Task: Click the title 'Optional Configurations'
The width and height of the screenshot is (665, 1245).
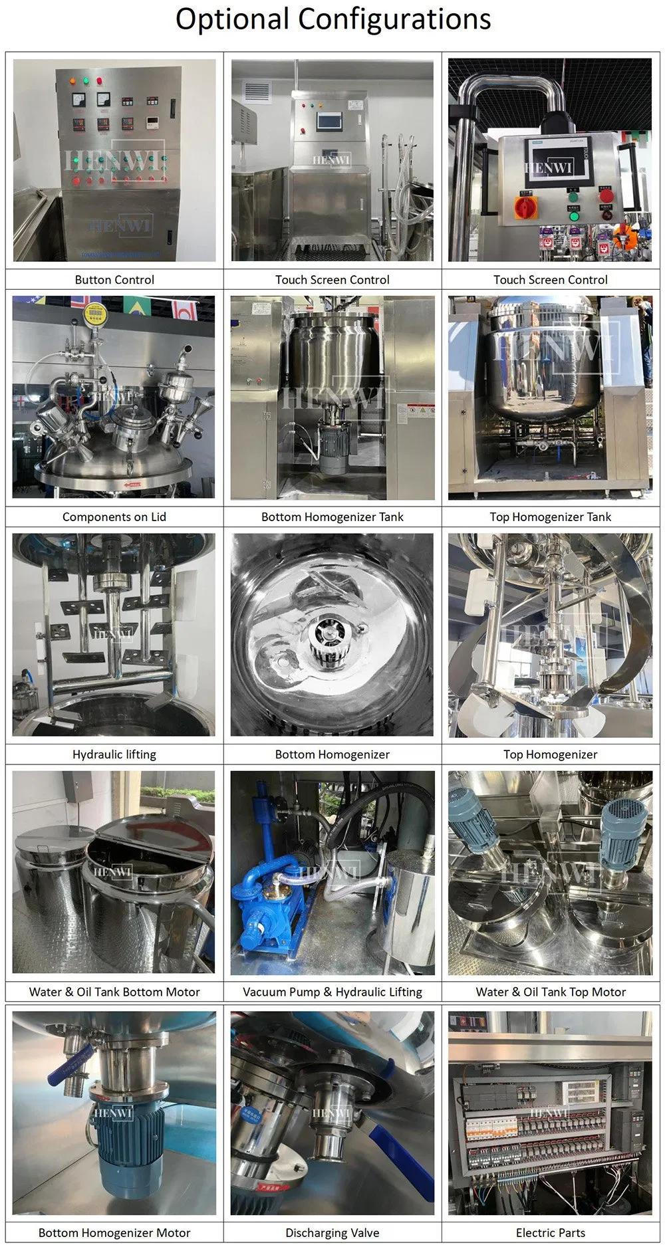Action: [x=332, y=20]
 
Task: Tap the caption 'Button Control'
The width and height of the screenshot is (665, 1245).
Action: [x=114, y=280]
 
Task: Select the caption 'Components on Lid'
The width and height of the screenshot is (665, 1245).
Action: [x=114, y=517]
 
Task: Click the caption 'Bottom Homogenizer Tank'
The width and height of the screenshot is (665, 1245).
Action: [x=332, y=517]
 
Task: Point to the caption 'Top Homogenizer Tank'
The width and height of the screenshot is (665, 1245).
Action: [x=550, y=517]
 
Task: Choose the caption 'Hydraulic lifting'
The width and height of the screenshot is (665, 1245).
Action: [x=114, y=754]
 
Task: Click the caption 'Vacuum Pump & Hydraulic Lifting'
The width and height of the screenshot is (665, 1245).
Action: [x=332, y=992]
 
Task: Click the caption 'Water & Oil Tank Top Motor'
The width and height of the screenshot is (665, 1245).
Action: [x=550, y=992]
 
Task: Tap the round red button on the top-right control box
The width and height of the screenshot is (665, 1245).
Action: [x=606, y=195]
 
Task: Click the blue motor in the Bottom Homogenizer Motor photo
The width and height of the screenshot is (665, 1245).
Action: [x=126, y=1143]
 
